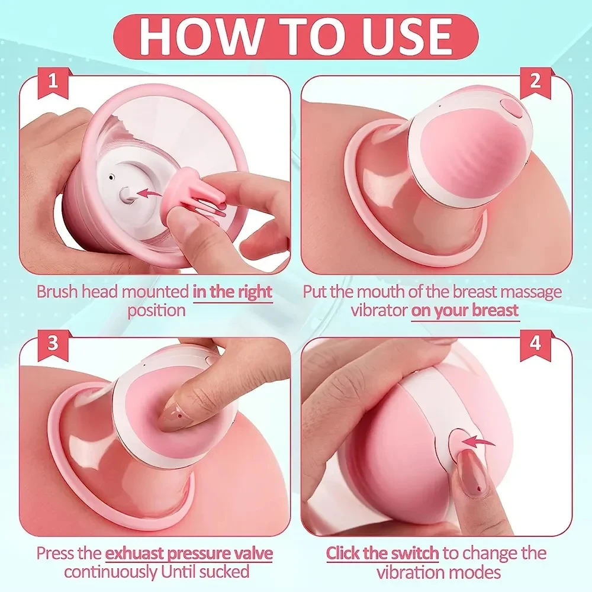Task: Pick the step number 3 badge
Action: (x=53, y=343)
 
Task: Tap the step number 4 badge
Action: (x=535, y=343)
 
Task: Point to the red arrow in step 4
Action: (x=480, y=440)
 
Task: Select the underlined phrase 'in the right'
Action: (x=232, y=292)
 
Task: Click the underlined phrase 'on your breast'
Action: (x=465, y=310)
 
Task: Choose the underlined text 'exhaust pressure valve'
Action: (x=189, y=554)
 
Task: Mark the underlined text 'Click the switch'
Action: (x=382, y=554)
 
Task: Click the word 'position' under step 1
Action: (x=156, y=310)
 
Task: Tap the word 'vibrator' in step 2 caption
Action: (x=378, y=310)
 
